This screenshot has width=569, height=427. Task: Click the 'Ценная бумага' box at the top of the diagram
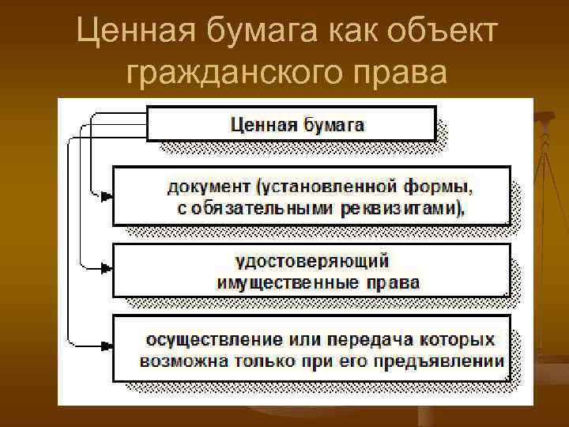point(292,124)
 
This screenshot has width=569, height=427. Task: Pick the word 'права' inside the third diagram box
point(393,282)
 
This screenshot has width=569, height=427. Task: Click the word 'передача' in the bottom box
point(367,339)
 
